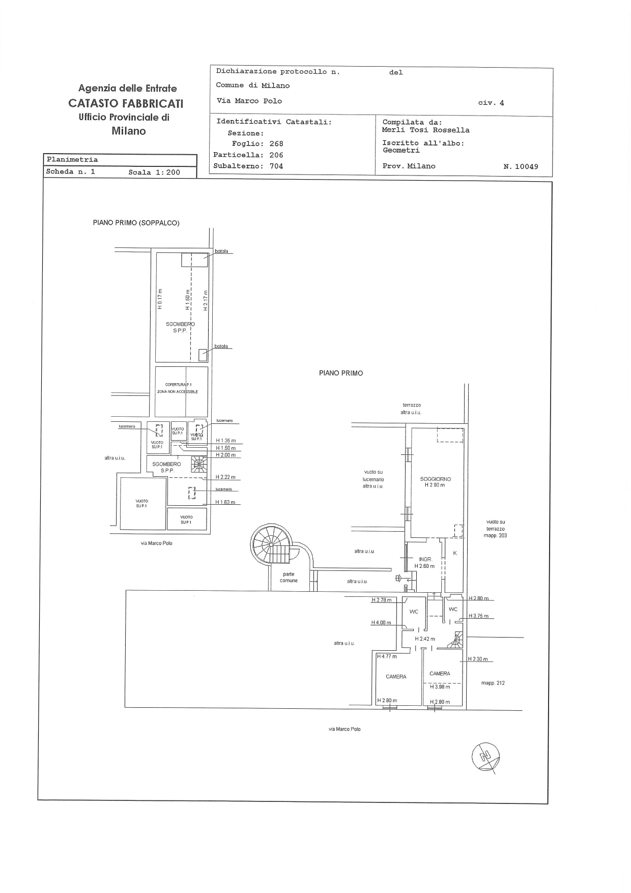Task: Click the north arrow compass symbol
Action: (x=486, y=757)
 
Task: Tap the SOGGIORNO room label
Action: (x=435, y=479)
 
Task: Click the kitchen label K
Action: (x=455, y=553)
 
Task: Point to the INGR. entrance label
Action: (x=425, y=559)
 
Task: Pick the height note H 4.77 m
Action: (x=387, y=656)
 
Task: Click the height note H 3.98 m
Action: (x=440, y=687)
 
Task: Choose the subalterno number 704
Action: (x=276, y=166)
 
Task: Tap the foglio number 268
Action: (x=276, y=144)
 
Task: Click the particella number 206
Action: (x=276, y=155)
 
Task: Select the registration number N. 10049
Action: (x=521, y=166)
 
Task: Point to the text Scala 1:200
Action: (x=154, y=172)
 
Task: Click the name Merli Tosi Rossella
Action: (x=425, y=130)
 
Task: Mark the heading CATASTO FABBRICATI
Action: (x=126, y=103)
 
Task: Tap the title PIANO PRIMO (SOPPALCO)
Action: (x=136, y=223)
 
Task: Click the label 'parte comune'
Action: (x=289, y=577)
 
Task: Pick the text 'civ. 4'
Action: (x=491, y=103)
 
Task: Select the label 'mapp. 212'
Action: (x=493, y=683)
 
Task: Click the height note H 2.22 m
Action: (x=225, y=477)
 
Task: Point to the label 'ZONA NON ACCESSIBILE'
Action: (x=177, y=392)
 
